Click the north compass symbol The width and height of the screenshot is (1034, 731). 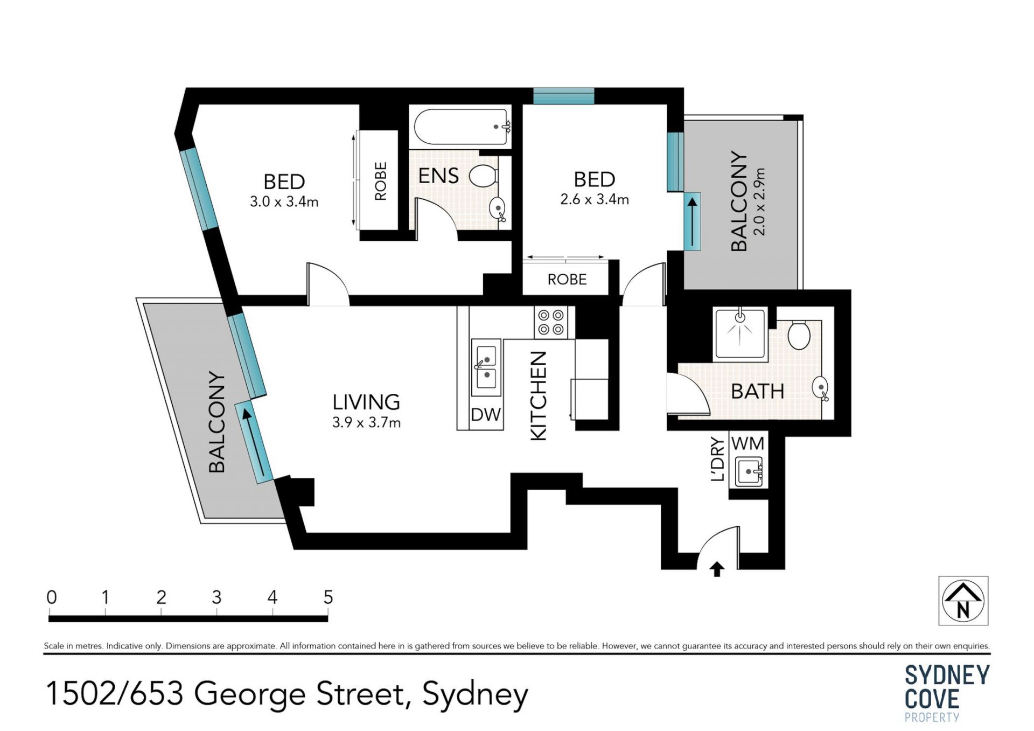[963, 601]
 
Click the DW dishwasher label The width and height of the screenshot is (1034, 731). [486, 414]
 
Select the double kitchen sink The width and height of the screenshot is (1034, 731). [486, 367]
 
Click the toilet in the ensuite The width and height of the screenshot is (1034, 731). [484, 176]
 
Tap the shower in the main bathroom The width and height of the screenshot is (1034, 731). [740, 334]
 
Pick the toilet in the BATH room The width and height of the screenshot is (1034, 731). [799, 335]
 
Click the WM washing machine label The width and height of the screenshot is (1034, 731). [748, 443]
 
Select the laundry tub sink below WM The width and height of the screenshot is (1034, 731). [749, 472]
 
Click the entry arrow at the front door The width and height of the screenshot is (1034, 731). [717, 569]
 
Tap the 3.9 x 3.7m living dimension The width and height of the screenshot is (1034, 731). [366, 422]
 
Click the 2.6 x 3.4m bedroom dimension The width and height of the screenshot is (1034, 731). [595, 199]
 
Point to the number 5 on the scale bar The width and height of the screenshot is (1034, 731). [328, 597]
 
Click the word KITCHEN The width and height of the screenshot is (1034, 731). [539, 396]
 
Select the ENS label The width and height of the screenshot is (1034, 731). [438, 176]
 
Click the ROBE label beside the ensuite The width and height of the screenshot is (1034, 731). [381, 181]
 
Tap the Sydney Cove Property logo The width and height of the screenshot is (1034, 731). [947, 693]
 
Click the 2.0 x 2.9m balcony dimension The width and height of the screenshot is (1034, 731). [759, 201]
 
